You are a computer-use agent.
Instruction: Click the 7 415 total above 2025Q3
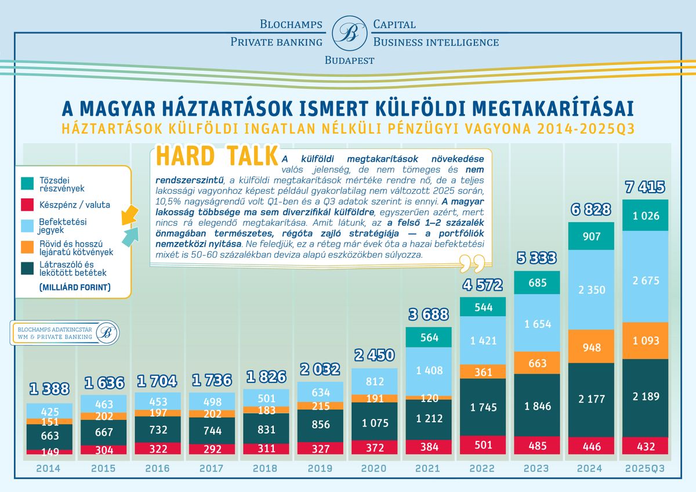[645, 187]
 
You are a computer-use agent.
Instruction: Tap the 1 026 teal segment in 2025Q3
[645, 216]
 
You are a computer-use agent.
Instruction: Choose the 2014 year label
[49, 468]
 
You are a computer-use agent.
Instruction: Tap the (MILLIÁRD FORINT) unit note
[75, 287]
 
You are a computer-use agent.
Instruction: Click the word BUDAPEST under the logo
[349, 60]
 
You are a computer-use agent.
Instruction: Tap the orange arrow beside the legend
[129, 214]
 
